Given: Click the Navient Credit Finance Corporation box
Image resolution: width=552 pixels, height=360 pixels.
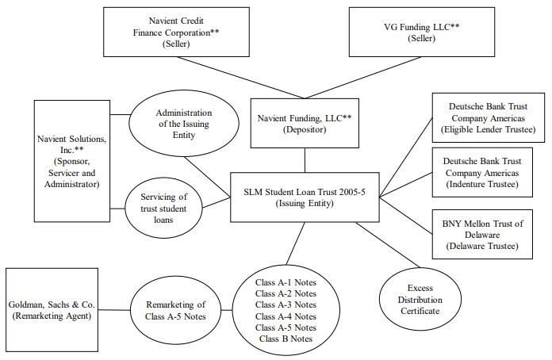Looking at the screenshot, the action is coord(176,32).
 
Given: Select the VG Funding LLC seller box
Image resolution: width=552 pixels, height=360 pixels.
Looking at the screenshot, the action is coord(422,32).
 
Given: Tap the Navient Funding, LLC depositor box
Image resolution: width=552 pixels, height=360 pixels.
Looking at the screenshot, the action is coord(305,123).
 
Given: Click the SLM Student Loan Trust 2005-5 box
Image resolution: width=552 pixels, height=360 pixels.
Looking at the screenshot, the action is coord(305,197).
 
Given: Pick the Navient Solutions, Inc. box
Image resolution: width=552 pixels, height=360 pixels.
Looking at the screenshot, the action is coord(72,161).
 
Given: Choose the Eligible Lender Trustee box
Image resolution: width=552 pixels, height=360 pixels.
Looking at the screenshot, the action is coord(489,118).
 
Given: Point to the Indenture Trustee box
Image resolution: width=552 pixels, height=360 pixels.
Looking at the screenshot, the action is coord(482,172).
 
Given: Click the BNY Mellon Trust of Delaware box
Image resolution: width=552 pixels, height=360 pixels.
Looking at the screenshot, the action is coord(482,235).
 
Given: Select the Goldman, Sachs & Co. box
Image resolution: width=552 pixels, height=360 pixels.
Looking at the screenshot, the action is coord(52,310).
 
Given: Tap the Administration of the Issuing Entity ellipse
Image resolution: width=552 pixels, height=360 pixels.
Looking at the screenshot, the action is coord(184,124).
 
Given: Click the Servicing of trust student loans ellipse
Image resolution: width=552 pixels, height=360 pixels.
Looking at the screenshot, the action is coord(163,208).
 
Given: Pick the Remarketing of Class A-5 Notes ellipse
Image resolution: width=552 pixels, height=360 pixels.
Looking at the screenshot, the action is coord(175,310).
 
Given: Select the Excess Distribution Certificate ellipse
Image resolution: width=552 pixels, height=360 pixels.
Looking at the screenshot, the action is coord(420,299).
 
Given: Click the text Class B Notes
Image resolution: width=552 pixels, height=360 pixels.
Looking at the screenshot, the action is coord(286,339).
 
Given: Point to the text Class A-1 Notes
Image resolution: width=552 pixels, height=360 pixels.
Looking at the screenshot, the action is coord(286,282).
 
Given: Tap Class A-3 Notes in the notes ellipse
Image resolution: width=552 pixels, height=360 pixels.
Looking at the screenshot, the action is coord(286,304).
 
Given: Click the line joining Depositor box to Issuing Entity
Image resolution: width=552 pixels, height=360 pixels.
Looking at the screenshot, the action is coord(305,160).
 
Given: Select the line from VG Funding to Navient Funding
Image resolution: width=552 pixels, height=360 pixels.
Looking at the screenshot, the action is coord(363,78).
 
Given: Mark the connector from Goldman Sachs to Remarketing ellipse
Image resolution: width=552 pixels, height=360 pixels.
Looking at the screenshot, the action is coord(114,310).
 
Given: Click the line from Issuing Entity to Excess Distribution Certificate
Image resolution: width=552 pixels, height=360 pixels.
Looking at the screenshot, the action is coord(389,244).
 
